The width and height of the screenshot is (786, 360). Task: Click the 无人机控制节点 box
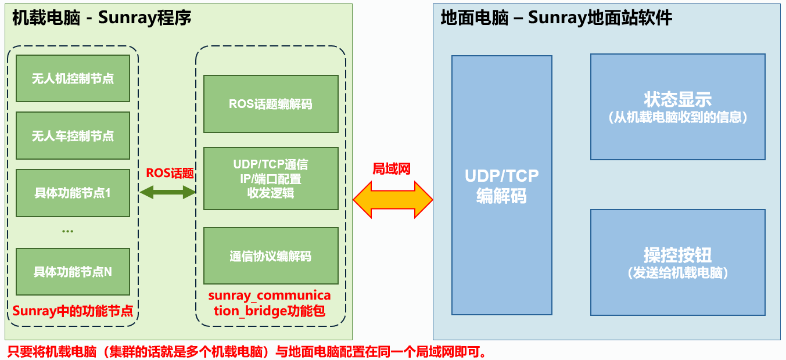[x=73, y=78]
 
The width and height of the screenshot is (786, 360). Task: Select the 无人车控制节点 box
[x=73, y=136]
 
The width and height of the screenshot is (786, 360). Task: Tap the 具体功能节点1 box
[x=73, y=193]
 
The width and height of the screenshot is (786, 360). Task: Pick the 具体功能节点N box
[x=73, y=272]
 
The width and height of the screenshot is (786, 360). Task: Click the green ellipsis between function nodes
[x=67, y=231]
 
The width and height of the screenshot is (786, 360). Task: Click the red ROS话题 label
[x=170, y=173]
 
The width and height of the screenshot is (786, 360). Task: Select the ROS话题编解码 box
[x=271, y=104]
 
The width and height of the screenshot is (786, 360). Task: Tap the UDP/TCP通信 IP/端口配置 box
[x=271, y=178]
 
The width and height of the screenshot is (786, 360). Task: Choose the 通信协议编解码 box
[x=271, y=256]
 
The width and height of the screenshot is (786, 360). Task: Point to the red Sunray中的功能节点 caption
[x=73, y=311]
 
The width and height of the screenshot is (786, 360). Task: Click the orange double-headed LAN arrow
[x=393, y=199]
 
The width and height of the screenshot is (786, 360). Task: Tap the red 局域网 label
[x=392, y=169]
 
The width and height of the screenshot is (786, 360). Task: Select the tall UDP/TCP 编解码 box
[x=501, y=185]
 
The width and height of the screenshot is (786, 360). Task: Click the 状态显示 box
[x=677, y=107]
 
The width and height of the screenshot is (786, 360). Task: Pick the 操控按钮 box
[x=677, y=262]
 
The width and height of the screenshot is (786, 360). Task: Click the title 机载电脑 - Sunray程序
[x=102, y=18]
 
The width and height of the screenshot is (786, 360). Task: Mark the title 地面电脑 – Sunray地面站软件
[x=556, y=18]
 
